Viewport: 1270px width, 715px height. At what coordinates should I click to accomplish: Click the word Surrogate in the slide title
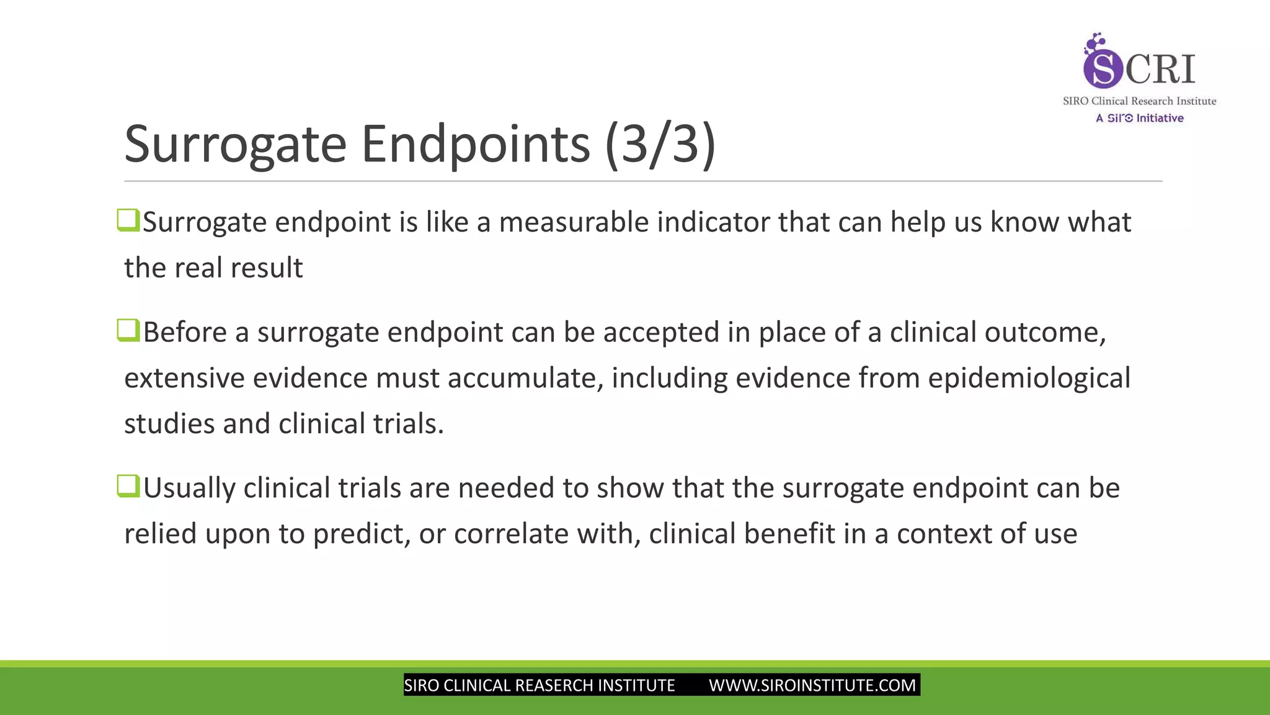click(234, 144)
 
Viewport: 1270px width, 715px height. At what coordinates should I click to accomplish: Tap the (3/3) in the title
click(660, 144)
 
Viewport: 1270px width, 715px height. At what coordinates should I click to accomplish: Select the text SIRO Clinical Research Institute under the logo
click(1139, 101)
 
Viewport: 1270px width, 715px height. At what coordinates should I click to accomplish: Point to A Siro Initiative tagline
click(1139, 118)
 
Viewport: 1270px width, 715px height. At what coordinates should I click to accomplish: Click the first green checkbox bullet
click(128, 220)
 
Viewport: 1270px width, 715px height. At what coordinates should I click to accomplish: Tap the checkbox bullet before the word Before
click(128, 330)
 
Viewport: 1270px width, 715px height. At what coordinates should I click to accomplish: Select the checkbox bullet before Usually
click(128, 486)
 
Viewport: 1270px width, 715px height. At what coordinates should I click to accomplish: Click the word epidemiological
click(1029, 378)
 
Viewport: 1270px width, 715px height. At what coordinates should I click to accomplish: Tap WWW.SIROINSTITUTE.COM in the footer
click(812, 685)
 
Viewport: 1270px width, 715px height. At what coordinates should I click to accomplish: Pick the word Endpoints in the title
click(475, 144)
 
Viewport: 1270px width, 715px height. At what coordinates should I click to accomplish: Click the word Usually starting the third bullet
click(189, 488)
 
